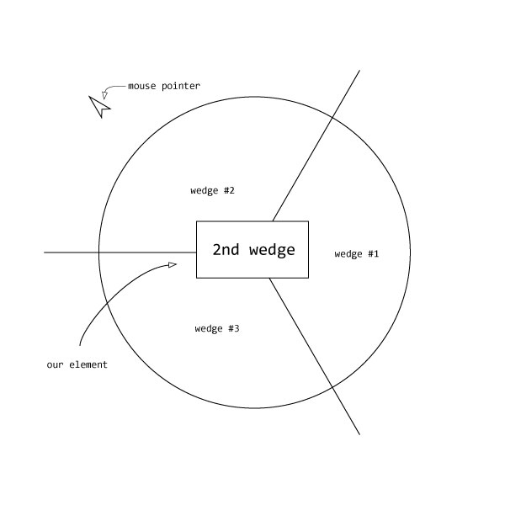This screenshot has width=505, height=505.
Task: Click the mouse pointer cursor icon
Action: click(99, 106)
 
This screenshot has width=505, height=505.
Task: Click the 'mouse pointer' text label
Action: click(164, 86)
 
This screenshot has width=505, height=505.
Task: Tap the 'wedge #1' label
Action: click(357, 254)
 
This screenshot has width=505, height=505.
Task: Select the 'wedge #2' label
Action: click(212, 190)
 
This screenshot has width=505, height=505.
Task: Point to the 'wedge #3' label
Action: click(217, 328)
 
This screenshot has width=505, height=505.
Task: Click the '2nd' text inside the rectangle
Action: click(226, 249)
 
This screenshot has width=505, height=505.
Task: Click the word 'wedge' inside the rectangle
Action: click(273, 250)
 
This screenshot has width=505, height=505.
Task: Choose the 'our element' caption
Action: click(77, 364)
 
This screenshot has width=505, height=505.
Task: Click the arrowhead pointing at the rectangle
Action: click(173, 265)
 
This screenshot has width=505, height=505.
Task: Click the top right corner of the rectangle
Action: click(308, 221)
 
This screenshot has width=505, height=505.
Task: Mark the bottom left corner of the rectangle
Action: click(197, 277)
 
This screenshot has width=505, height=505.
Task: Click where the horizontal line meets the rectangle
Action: click(197, 252)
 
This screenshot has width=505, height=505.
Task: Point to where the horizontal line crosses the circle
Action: click(99, 252)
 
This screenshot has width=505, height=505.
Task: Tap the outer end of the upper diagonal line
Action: click(359, 71)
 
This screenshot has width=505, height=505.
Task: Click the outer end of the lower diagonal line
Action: click(359, 434)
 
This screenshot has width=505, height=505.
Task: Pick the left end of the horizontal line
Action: click(45, 252)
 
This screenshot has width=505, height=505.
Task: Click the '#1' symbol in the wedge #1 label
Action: click(374, 254)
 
